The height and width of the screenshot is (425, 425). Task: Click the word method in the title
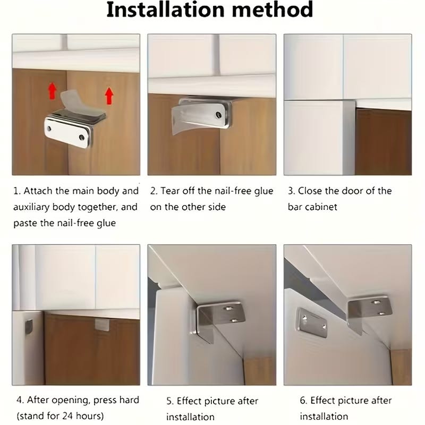point(273,10)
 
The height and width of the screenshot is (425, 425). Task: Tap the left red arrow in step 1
point(52,91)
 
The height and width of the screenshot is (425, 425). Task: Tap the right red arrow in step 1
point(109,96)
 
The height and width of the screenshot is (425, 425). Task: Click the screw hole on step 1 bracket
point(82,138)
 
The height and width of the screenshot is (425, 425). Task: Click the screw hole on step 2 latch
point(218,115)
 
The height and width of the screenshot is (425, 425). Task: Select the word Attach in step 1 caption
point(38,191)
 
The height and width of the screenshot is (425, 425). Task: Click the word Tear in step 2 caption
point(170,191)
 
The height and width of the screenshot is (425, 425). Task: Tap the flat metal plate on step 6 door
point(312,322)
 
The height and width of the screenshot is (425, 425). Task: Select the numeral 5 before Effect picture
point(169,401)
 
